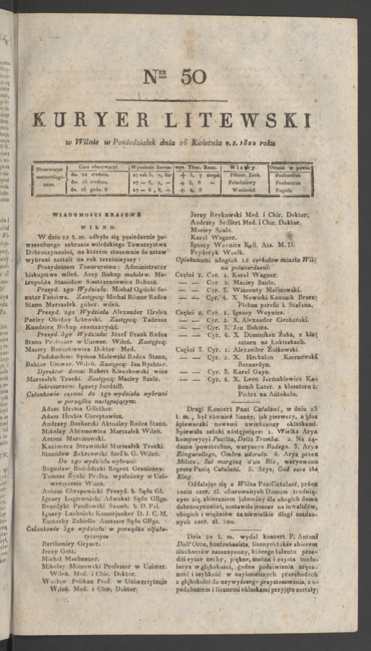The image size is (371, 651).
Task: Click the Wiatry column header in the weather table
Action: pos(250,166)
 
